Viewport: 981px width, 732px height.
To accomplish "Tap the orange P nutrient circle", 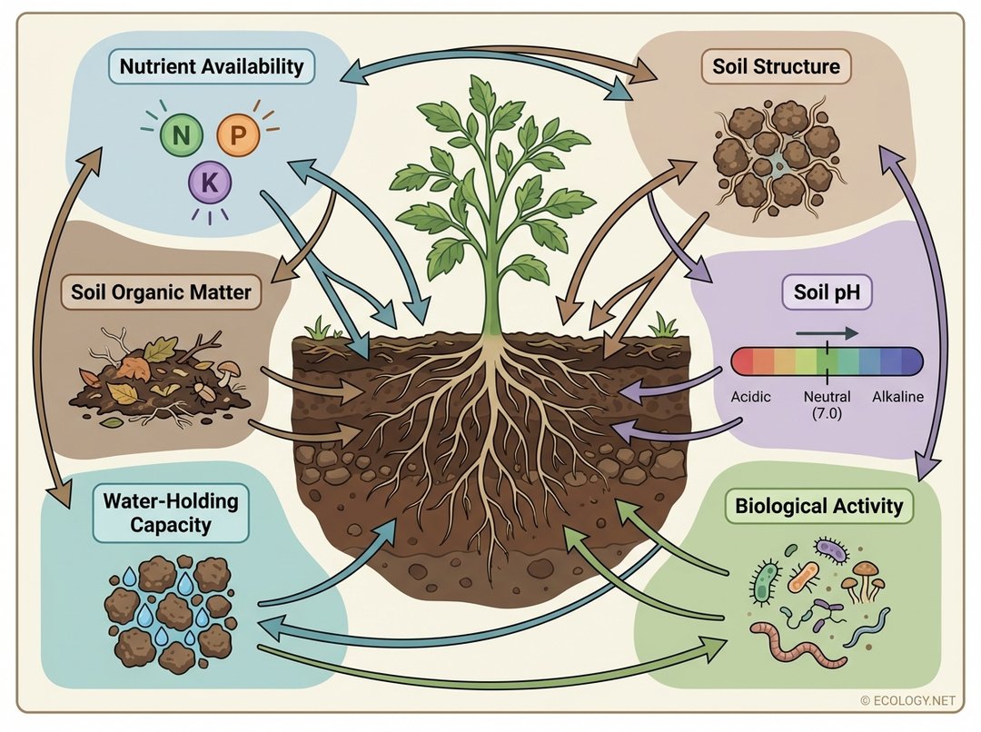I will click(x=239, y=136).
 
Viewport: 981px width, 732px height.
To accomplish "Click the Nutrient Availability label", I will click(x=212, y=66).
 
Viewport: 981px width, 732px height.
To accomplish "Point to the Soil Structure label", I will click(x=777, y=66).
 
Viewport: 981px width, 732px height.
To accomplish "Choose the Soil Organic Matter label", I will click(x=161, y=293).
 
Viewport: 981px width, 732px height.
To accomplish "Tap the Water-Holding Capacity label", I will click(x=157, y=512).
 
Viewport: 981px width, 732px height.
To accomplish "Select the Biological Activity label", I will click(x=819, y=506).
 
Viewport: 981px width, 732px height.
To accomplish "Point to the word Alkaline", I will click(x=897, y=397).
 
